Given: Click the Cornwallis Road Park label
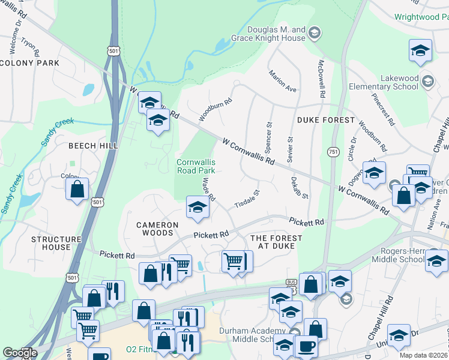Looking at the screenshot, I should tap(196, 166).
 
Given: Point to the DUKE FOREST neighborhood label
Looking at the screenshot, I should tap(322, 120).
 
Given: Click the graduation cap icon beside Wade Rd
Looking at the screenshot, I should tap(196, 208).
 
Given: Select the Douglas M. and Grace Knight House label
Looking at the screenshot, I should tap(277, 34).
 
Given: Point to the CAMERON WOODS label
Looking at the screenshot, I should tap(157, 229).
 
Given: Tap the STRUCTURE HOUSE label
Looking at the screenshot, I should tap(56, 243).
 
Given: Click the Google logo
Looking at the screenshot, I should tap(20, 353).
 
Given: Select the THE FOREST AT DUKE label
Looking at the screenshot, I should tap(276, 242).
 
